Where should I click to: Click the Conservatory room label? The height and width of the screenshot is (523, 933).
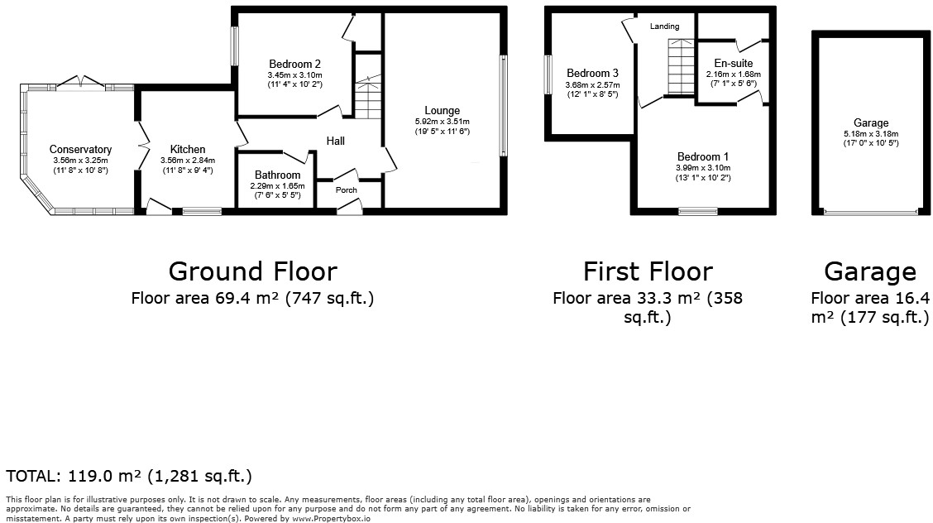coord(80,150)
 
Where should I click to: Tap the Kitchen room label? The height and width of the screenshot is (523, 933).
coord(188,150)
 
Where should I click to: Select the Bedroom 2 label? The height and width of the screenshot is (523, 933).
coord(294,64)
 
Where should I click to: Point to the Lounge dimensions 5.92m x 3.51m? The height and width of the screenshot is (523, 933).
coord(442,122)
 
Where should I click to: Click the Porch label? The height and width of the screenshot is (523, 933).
coord(347,190)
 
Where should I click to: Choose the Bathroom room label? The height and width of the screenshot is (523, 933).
coord(278,175)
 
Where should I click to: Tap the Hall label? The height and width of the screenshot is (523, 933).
coord(335,142)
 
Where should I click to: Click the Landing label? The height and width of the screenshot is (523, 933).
coord(664,26)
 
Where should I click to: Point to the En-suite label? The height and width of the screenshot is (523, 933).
coord(733,63)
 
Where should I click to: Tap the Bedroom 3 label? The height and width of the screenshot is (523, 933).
coord(592,73)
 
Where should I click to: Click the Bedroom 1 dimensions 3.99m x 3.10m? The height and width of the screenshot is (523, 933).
coord(702,167)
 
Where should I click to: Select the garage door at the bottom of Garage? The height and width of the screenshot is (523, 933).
coord(871,213)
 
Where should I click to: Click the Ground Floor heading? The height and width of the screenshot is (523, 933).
coord(252,271)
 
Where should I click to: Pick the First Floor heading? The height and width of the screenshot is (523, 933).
coord(647,271)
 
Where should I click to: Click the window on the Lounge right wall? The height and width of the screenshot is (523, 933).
coord(501,105)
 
